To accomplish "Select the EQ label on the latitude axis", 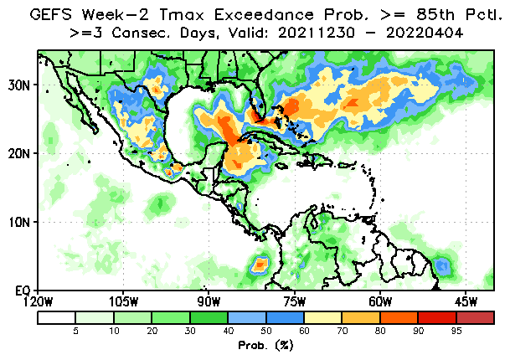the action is pyautogui.click(x=23, y=291).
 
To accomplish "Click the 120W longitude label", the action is pyautogui.click(x=38, y=301).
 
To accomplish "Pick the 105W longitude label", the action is pyautogui.click(x=123, y=301).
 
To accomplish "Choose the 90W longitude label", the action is pyautogui.click(x=209, y=301).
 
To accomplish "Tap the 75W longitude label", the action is pyautogui.click(x=294, y=301).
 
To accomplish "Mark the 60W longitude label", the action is pyautogui.click(x=380, y=301).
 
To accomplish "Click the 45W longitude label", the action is pyautogui.click(x=466, y=301).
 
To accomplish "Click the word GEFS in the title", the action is pyautogui.click(x=51, y=14).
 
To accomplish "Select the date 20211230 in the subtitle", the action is pyautogui.click(x=317, y=33).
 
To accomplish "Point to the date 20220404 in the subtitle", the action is pyautogui.click(x=425, y=33).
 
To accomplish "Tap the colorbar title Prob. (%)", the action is pyautogui.click(x=265, y=345).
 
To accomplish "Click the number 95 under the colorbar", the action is pyautogui.click(x=456, y=331).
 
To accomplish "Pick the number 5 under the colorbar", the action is pyautogui.click(x=75, y=331).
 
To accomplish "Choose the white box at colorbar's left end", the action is pyautogui.click(x=57, y=318).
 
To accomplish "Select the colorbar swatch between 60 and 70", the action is pyautogui.click(x=322, y=318).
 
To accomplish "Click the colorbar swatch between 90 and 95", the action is pyautogui.click(x=437, y=318).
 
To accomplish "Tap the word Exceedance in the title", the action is pyautogui.click(x=264, y=14).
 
